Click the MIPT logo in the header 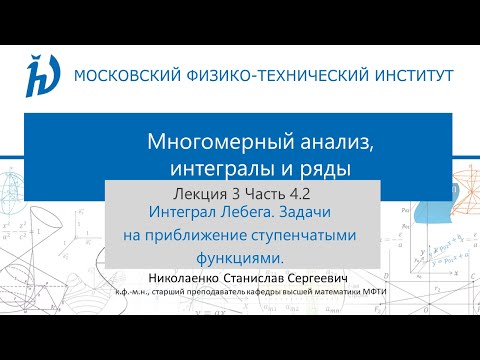[40, 75]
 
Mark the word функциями [239, 257]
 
